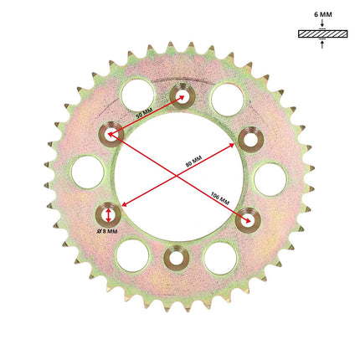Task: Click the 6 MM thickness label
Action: point(323,14)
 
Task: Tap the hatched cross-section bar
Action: point(323,34)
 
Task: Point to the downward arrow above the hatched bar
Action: point(322,23)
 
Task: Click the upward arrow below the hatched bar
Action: point(322,44)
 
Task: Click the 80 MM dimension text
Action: point(193,162)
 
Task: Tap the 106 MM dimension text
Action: point(220,198)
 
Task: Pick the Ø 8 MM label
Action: point(107,231)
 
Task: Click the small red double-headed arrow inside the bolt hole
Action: point(109,216)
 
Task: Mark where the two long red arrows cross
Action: point(177,176)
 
